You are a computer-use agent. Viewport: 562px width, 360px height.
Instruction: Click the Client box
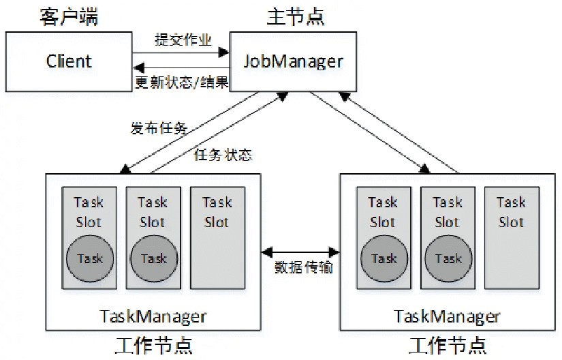click(x=68, y=61)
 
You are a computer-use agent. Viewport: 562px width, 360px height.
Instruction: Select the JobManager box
click(x=293, y=61)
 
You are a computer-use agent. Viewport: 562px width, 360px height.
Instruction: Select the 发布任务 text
click(x=158, y=127)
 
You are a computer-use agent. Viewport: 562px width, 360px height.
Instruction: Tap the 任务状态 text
click(x=223, y=155)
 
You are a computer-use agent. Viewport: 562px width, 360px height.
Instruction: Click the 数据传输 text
click(x=304, y=267)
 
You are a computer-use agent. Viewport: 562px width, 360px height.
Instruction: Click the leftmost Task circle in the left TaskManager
click(x=89, y=258)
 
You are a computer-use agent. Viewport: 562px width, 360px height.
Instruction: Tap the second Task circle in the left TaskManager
click(x=153, y=258)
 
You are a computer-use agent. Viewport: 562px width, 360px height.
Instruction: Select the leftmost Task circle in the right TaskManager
click(x=384, y=258)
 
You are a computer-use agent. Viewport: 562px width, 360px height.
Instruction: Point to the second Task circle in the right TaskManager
click(x=448, y=258)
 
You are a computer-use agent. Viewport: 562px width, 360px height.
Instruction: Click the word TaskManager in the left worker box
click(x=153, y=316)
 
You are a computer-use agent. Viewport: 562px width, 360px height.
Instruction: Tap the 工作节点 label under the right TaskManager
click(x=448, y=344)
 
